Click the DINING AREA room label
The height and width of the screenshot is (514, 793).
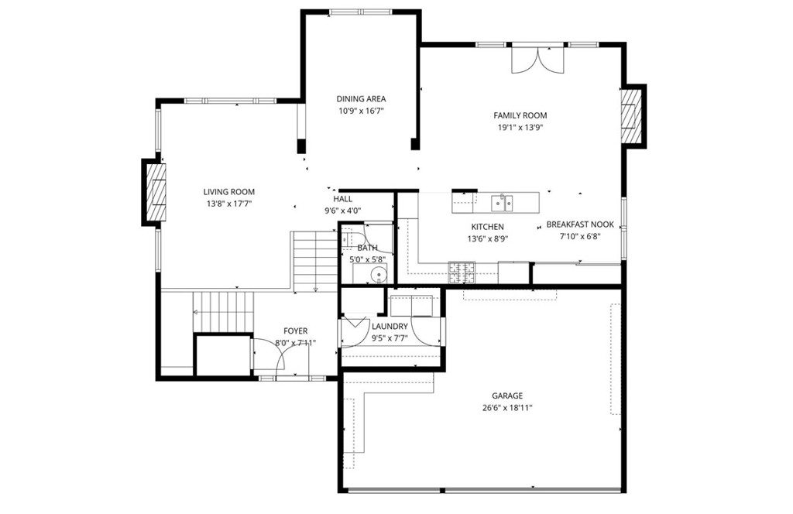(x=361, y=99)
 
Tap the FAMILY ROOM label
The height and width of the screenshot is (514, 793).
(x=520, y=116)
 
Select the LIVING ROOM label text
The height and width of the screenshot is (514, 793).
(x=229, y=192)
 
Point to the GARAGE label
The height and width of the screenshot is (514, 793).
(x=507, y=396)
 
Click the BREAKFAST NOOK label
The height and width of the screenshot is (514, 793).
(x=580, y=224)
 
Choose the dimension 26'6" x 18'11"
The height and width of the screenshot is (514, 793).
(x=507, y=408)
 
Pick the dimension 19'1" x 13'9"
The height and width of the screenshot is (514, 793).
(x=520, y=128)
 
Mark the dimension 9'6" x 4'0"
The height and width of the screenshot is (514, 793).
(x=343, y=211)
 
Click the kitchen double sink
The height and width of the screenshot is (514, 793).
(x=502, y=203)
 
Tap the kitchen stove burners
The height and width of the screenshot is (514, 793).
(x=462, y=272)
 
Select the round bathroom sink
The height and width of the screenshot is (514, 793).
(x=378, y=276)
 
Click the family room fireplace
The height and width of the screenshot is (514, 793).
(x=632, y=116)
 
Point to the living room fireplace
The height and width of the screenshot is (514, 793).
(x=156, y=192)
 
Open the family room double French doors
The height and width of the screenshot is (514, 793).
(x=537, y=59)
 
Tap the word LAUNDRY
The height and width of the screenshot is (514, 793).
(x=390, y=327)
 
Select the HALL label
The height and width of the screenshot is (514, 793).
(x=343, y=199)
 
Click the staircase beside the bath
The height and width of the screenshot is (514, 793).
(x=315, y=262)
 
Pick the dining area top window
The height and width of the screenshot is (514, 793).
(x=361, y=12)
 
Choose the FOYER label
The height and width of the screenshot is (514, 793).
(x=295, y=331)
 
